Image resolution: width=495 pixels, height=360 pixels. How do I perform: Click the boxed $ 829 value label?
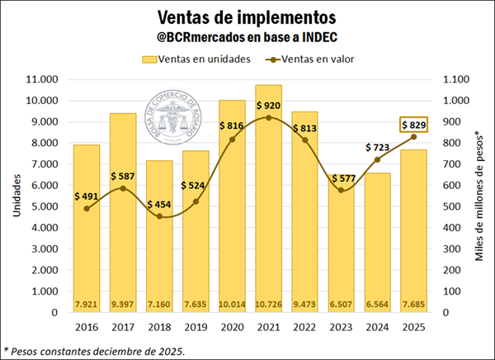pos(414,124)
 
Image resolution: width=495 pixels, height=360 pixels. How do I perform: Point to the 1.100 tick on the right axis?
pos(458,79)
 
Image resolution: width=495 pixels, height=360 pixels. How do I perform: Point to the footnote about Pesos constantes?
pos(94,350)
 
